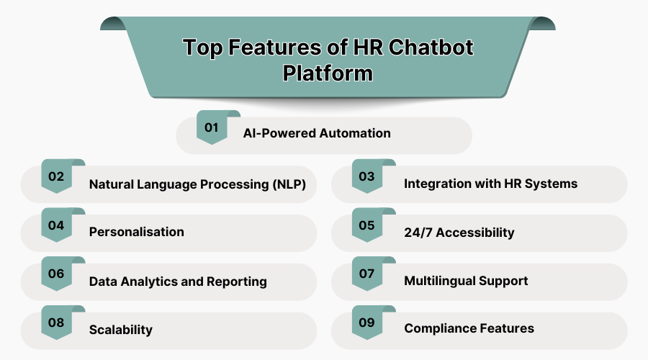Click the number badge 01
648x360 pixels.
211,128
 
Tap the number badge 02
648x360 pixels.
56,176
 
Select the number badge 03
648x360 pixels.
366,176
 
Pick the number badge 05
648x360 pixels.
366,225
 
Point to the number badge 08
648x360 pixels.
56,323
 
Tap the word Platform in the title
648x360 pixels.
328,73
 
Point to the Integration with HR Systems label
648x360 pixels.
490,184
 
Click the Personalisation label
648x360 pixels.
136,232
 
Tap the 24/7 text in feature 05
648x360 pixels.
418,232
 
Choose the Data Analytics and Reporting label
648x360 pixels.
178,281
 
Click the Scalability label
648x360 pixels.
120,330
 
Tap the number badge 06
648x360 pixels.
56,274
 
